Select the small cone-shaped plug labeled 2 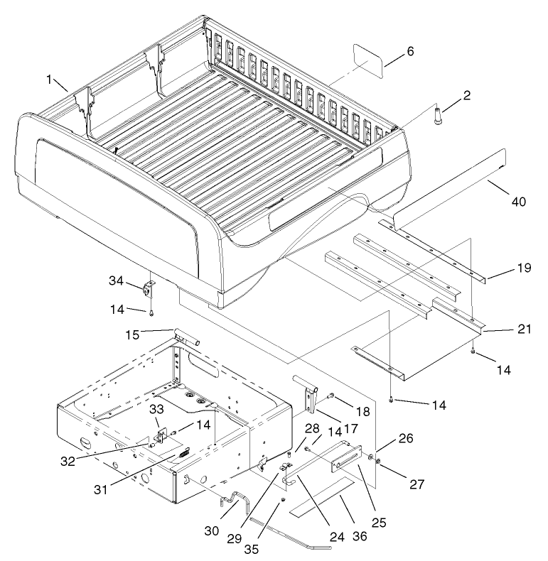(x=437, y=115)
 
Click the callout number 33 (x=156, y=410)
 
